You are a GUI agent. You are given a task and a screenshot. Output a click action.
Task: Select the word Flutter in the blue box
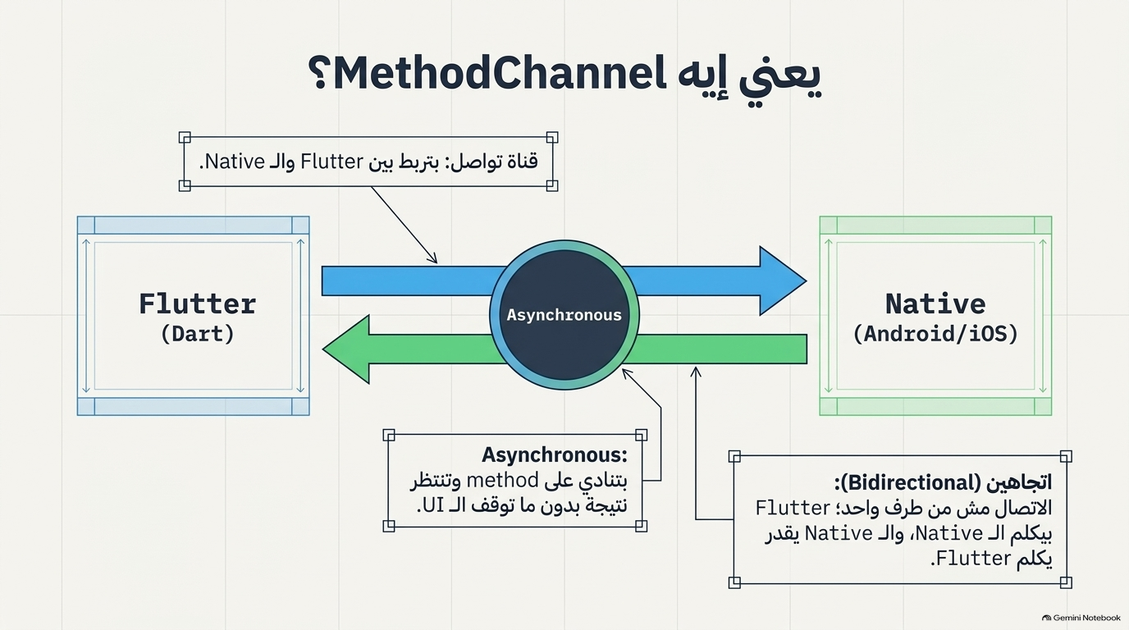(198, 304)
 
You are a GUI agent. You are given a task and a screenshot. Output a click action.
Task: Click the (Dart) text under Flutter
(198, 334)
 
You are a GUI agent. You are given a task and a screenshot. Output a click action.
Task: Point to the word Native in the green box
(935, 304)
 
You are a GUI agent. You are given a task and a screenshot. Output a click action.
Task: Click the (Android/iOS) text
(935, 334)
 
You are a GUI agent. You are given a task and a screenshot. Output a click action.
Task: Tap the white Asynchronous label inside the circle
(564, 315)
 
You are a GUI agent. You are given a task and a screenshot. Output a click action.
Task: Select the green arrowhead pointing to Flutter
(346, 349)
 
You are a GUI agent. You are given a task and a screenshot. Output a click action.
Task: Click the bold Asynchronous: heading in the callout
(555, 454)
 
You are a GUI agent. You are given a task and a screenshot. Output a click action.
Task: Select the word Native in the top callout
(235, 162)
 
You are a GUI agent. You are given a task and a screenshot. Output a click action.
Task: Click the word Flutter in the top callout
(331, 162)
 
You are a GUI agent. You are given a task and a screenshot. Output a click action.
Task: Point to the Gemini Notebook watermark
(1081, 618)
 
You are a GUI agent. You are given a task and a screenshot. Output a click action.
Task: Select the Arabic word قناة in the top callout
(521, 162)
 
